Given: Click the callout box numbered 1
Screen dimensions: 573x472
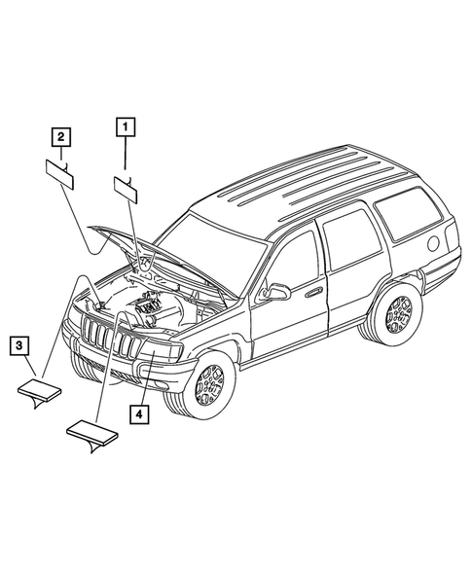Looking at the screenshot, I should point(125,125).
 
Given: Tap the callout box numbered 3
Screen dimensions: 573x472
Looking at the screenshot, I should point(20,344).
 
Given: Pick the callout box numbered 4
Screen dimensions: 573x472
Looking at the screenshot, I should point(141,415).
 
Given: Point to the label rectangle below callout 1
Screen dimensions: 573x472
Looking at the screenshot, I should point(127,186).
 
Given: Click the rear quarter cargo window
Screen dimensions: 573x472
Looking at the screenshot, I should point(410,217).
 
